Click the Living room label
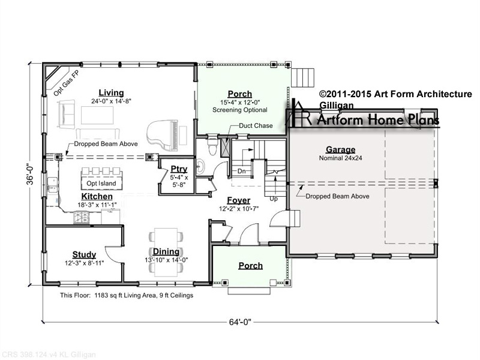click(x=111, y=93)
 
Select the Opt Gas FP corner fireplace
click(x=58, y=79)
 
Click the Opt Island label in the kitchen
click(x=101, y=184)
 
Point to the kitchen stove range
click(x=82, y=217)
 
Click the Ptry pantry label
click(x=179, y=169)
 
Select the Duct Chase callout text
click(x=256, y=125)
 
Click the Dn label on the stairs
click(x=242, y=171)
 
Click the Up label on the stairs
click(x=274, y=199)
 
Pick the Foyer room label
click(x=238, y=200)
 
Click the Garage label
click(x=340, y=149)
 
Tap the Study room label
click(x=84, y=254)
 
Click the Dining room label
click(x=166, y=251)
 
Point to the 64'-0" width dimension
click(x=240, y=322)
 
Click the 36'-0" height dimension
click(x=30, y=175)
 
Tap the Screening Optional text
click(x=239, y=110)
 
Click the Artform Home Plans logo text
click(x=378, y=119)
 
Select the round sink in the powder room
click(x=200, y=166)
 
